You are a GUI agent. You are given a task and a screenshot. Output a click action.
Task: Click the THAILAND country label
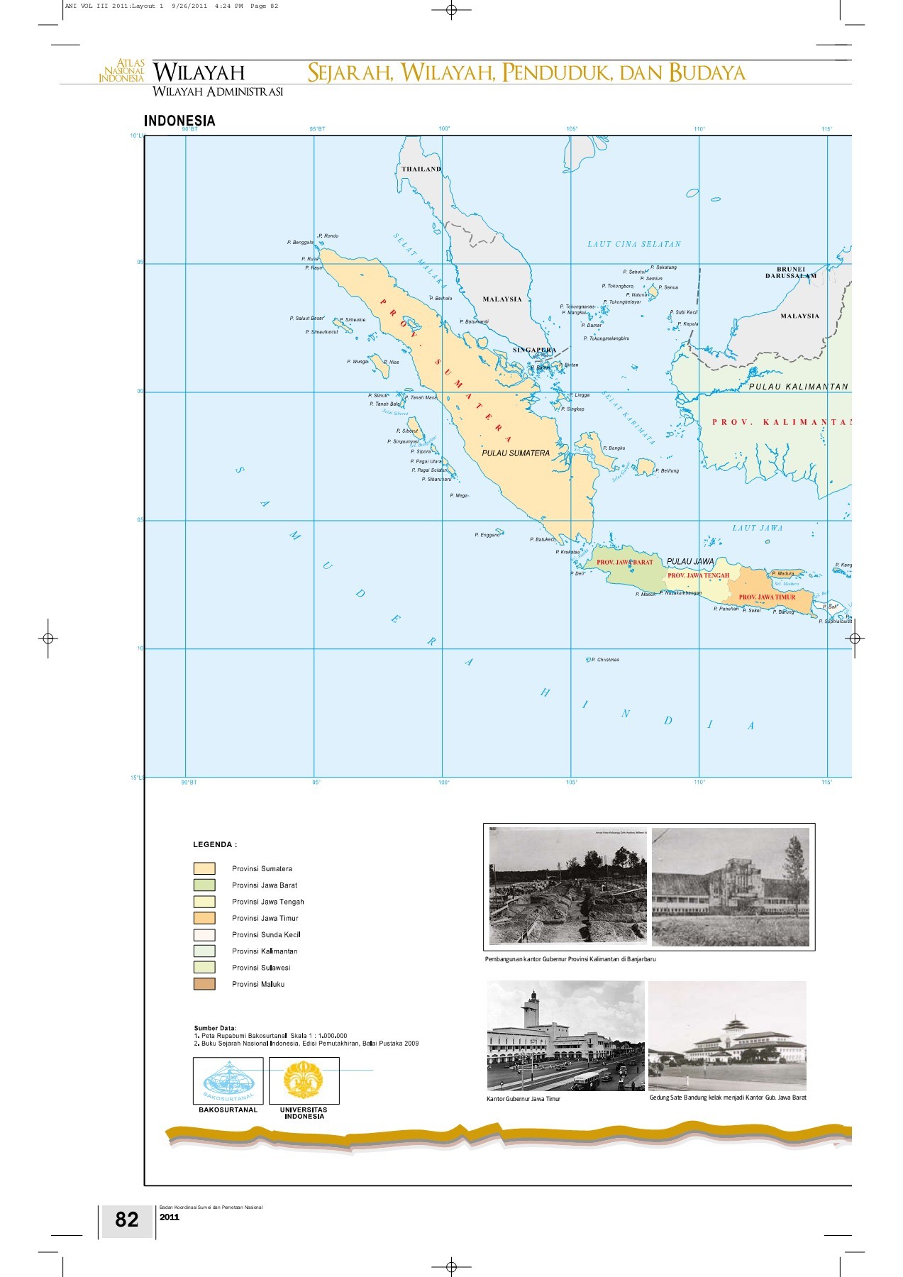(x=421, y=169)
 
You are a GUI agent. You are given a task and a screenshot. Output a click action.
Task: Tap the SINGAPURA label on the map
(x=534, y=350)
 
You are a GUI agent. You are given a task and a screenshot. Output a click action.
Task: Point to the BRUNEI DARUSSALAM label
(x=790, y=272)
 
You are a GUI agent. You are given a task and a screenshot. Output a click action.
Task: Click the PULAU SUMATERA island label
(x=516, y=453)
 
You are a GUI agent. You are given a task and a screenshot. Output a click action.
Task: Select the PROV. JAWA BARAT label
(x=624, y=562)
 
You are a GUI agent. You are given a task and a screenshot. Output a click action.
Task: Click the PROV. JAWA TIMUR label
(x=767, y=597)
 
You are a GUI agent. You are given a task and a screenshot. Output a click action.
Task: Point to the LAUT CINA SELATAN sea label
(x=634, y=244)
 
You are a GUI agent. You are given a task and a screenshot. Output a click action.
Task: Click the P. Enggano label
(x=487, y=535)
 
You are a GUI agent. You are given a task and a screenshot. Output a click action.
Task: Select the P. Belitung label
(x=667, y=470)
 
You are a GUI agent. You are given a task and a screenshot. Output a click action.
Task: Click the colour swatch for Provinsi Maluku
(x=204, y=984)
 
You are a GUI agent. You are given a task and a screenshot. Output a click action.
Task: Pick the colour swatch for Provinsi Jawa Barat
(x=204, y=885)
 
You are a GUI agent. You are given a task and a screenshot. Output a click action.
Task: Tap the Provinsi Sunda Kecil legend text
(x=266, y=934)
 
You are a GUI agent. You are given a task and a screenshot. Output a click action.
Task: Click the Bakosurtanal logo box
(x=228, y=1080)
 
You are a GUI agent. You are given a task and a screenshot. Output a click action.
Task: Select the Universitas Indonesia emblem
(x=304, y=1080)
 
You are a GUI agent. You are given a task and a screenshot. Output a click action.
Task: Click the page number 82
(x=127, y=1219)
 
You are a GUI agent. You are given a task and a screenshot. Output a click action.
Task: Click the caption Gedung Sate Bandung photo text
(x=727, y=1098)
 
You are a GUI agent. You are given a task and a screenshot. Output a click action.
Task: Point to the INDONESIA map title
(x=179, y=121)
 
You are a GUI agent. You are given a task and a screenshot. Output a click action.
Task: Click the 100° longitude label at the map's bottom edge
(x=444, y=783)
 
